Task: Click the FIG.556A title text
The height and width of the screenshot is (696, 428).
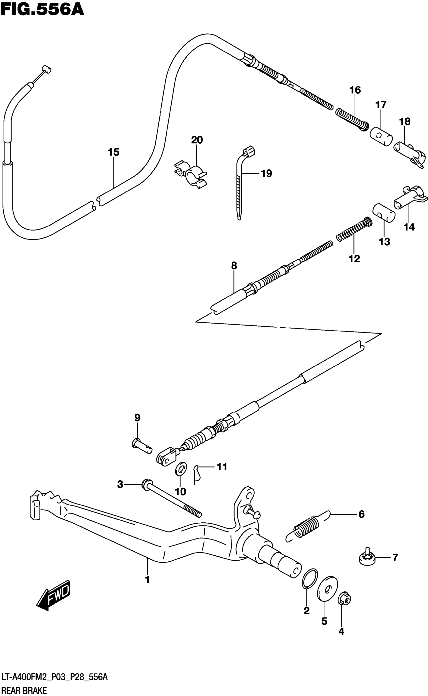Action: pos(43,9)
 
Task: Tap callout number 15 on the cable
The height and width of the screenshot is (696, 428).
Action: pos(113,152)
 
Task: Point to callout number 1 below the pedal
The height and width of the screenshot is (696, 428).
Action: pos(147,580)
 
